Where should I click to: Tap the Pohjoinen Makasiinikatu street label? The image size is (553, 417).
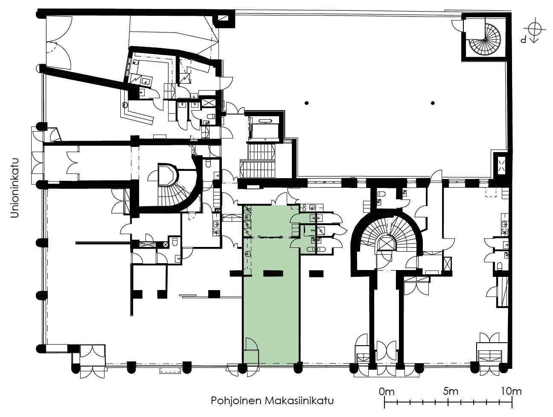(x=272, y=401)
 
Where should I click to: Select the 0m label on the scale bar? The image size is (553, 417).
(x=387, y=392)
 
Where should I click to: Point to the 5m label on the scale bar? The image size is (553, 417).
(x=451, y=391)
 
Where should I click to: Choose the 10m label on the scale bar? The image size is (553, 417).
(x=511, y=391)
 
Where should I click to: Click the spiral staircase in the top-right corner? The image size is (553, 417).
(x=485, y=40)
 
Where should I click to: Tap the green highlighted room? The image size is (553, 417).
(x=271, y=285)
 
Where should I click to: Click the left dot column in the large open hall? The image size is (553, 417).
(x=306, y=103)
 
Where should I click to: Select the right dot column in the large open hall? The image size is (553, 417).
(x=433, y=103)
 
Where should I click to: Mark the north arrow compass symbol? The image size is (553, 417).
(x=535, y=30)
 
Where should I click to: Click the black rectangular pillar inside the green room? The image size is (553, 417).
(x=273, y=273)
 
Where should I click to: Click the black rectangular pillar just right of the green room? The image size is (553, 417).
(x=316, y=273)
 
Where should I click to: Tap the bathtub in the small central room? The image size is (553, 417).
(x=264, y=120)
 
